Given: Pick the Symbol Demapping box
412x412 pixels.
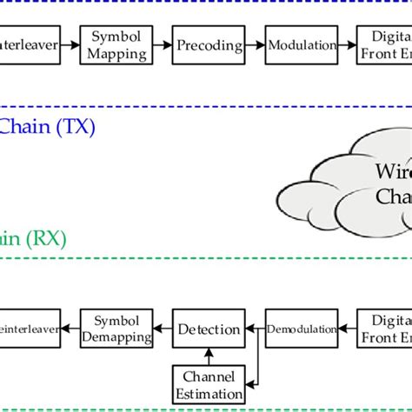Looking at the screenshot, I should pos(116,329).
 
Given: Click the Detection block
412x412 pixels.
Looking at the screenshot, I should pos(209,329).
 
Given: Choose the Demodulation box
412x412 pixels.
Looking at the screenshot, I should pos(301,329).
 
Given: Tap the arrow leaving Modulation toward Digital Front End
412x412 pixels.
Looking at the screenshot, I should pos(347,44).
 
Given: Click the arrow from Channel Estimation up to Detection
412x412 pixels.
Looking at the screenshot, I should pos(209,357).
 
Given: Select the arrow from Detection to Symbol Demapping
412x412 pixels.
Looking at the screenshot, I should pos(162,329).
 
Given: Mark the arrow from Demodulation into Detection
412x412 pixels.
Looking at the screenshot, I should pos(254,329).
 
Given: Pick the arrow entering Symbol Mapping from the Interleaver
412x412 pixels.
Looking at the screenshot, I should pos(70,44).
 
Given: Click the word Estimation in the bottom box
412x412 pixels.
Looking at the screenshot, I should pos(209,394).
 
